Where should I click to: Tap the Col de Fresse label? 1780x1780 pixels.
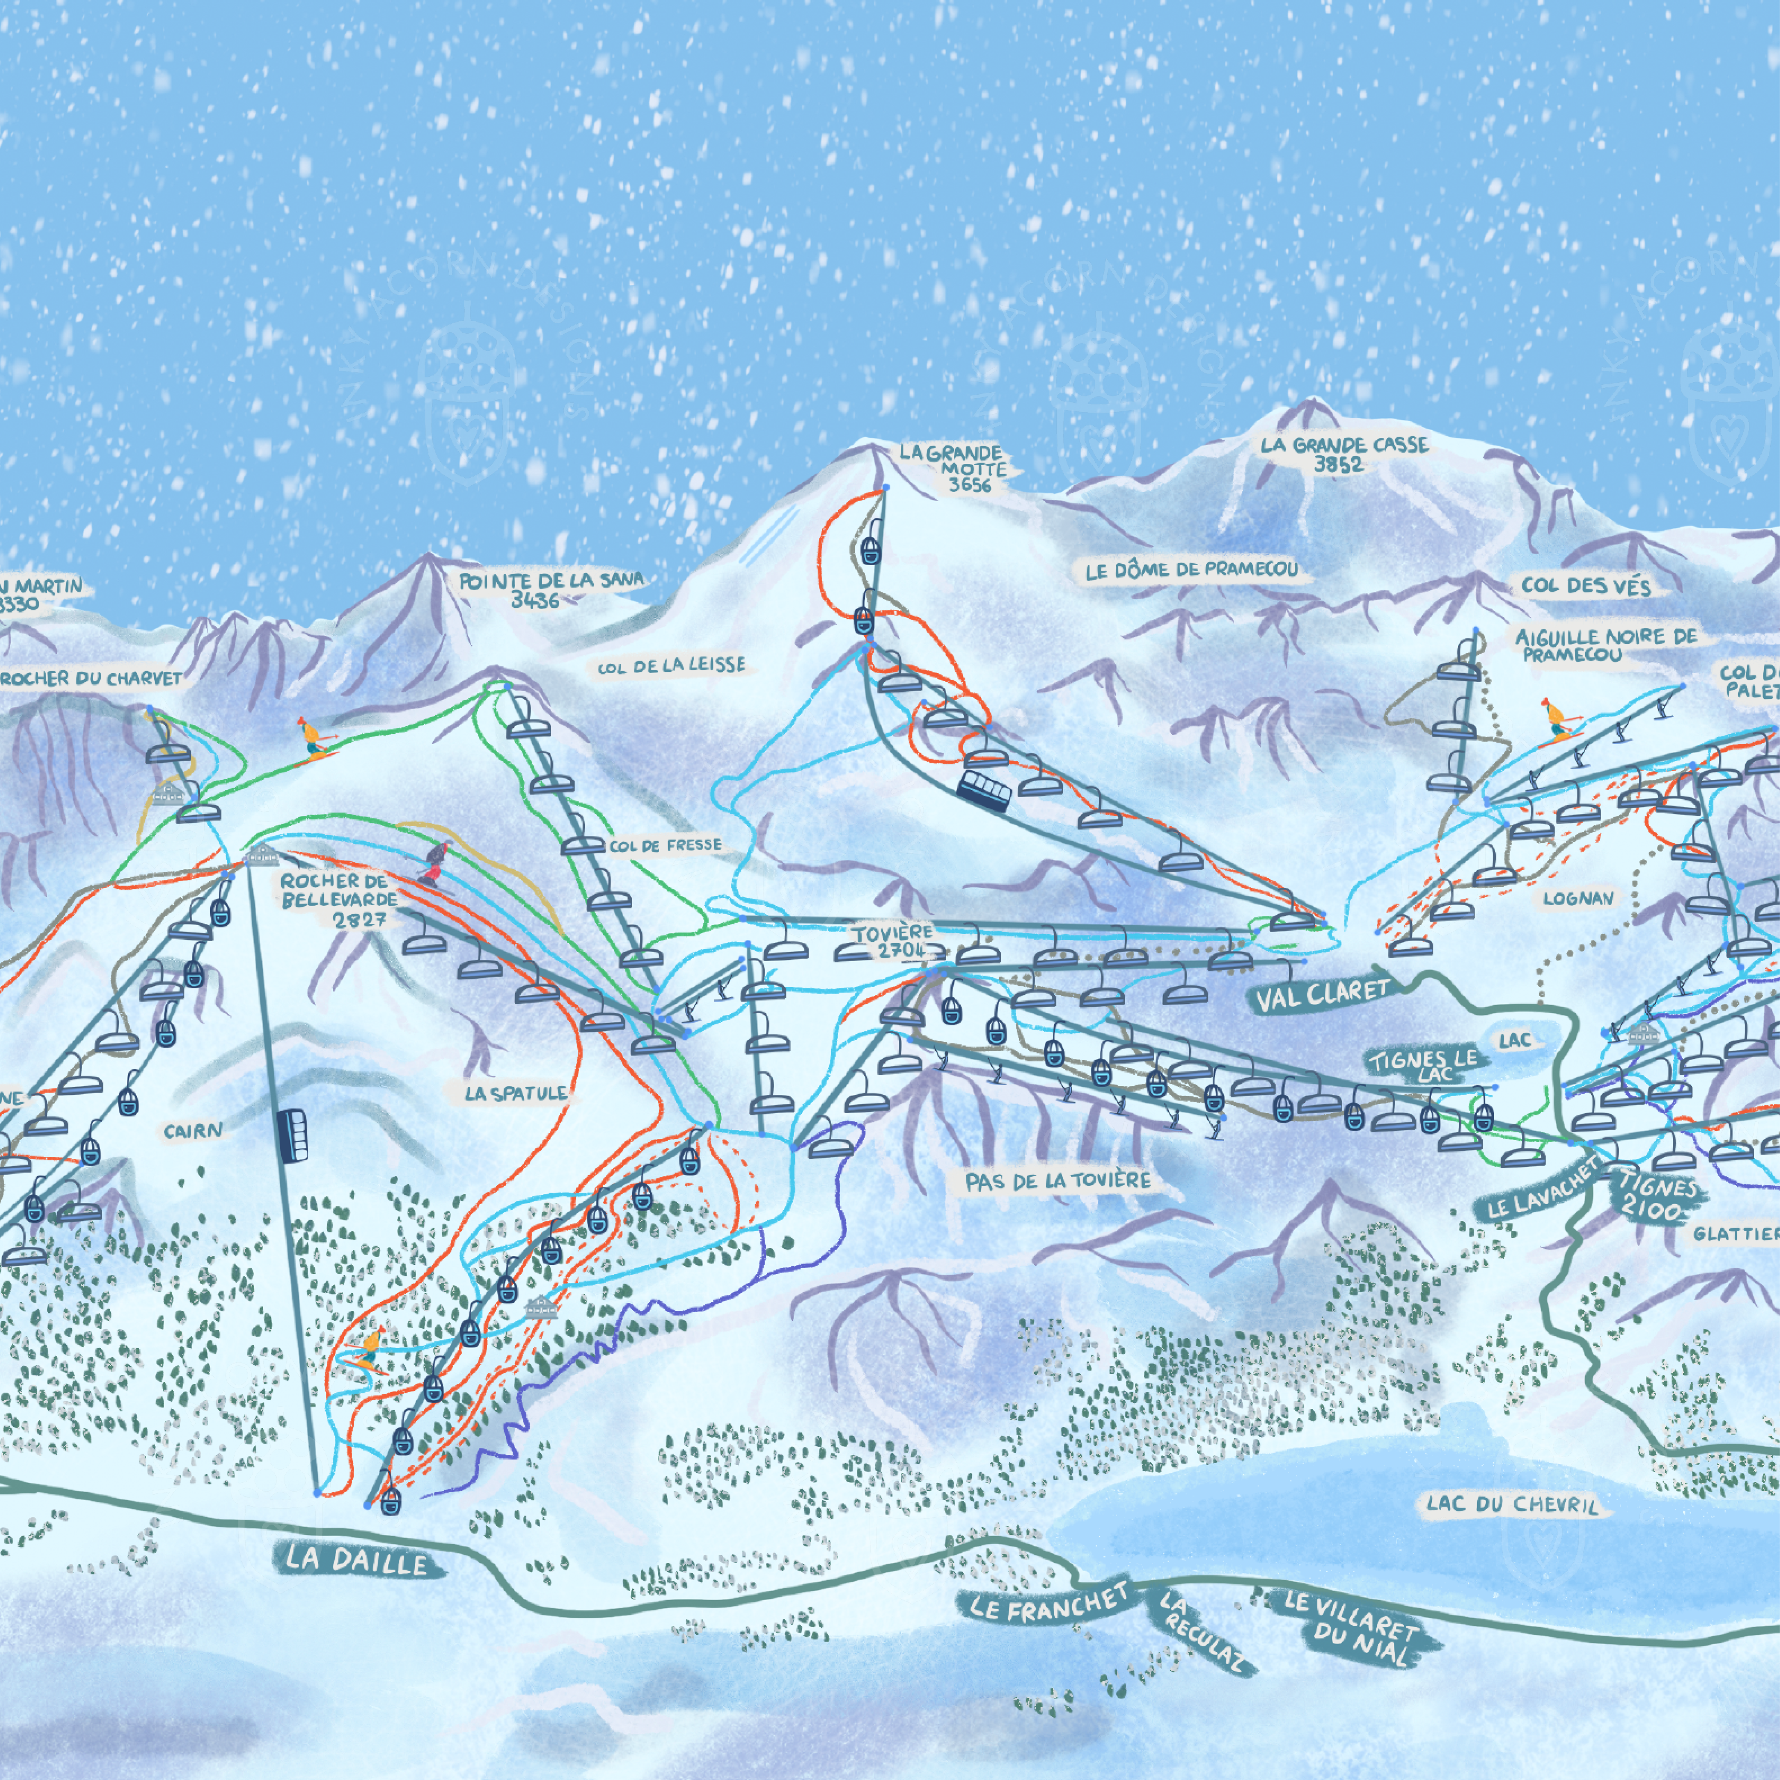(665, 845)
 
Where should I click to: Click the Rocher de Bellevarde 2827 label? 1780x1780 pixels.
(339, 900)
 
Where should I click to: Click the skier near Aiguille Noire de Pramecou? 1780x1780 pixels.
(1556, 718)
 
